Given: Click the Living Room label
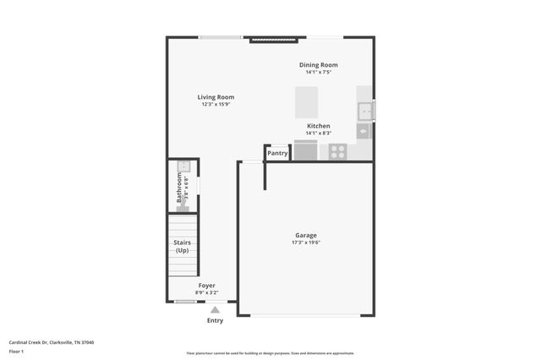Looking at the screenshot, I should tap(216, 97).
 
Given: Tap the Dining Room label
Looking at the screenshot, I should tap(318, 65).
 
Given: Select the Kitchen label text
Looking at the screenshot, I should tap(318, 126).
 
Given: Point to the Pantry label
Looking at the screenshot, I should tap(277, 153).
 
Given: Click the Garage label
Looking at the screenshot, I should tap(306, 235).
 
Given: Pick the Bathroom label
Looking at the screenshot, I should tap(179, 188).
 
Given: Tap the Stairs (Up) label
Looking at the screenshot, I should tap(182, 246).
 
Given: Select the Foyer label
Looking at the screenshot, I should tap(207, 286).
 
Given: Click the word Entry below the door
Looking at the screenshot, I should tap(216, 320).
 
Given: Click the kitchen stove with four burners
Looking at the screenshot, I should tap(337, 151).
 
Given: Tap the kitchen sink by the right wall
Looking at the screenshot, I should tap(366, 111).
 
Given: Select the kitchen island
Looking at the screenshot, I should tap(306, 102).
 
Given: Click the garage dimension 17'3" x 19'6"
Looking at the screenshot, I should tap(306, 243).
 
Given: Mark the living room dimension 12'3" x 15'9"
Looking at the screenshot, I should tap(216, 105).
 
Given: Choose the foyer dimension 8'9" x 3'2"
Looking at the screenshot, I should tap(207, 292).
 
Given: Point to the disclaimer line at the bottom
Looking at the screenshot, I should tap(270, 353).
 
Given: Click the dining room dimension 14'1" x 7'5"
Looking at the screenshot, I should tap(318, 72).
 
